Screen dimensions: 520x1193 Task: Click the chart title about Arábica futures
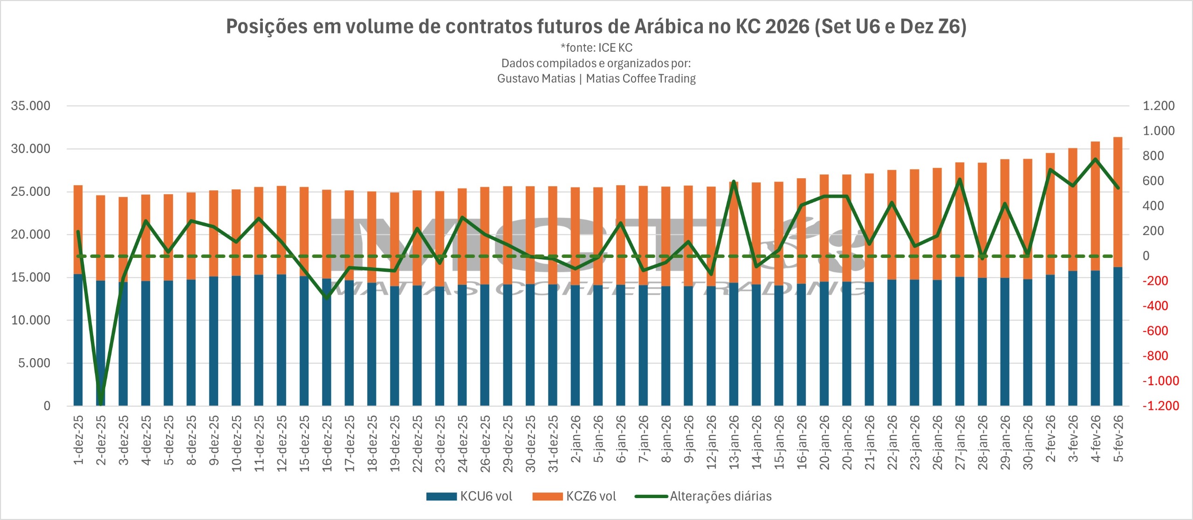click(596, 27)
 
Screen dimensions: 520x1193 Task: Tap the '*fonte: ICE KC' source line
click(596, 48)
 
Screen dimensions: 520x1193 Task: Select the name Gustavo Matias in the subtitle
click(536, 78)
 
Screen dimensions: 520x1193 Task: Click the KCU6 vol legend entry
click(470, 496)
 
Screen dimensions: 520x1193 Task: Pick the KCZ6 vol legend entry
click(575, 496)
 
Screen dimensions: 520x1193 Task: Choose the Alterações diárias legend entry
click(704, 496)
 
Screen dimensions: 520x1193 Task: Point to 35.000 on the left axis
click(31, 106)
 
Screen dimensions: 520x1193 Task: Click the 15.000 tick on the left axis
click(31, 277)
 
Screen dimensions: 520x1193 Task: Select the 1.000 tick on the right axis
click(1159, 131)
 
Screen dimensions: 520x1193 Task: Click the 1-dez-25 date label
click(79, 440)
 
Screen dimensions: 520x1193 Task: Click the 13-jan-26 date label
click(734, 442)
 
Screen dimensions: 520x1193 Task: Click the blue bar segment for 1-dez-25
click(78, 340)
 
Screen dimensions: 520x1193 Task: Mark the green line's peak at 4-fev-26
click(1095, 159)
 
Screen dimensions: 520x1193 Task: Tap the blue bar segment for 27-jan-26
click(960, 340)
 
